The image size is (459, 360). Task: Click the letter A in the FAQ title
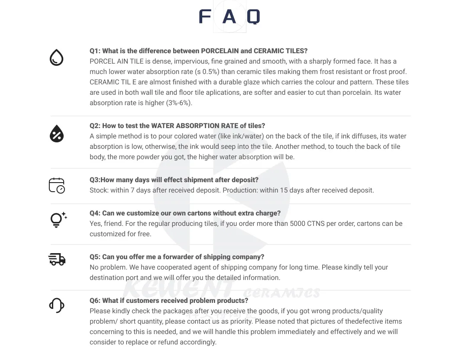tap(229, 17)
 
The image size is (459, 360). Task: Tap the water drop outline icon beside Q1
tap(56, 58)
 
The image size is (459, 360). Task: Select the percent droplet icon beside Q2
tap(56, 134)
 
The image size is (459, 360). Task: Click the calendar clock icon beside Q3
tap(57, 185)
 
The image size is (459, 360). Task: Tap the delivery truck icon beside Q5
tap(57, 259)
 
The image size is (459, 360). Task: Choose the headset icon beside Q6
tap(57, 305)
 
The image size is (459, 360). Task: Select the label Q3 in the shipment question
tap(95, 180)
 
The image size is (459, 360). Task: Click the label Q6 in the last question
tap(95, 301)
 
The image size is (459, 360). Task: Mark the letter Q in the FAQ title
tap(253, 17)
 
